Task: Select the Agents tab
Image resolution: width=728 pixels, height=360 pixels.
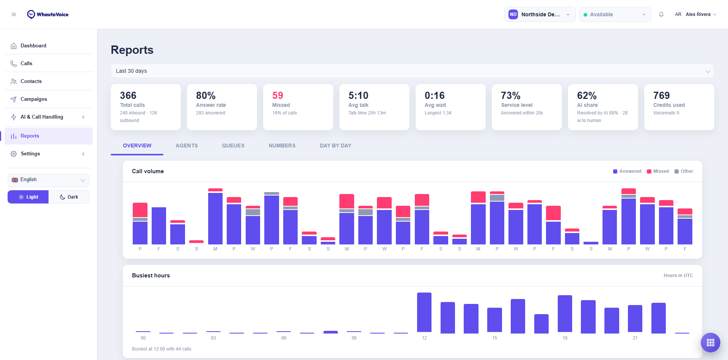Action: pyautogui.click(x=187, y=146)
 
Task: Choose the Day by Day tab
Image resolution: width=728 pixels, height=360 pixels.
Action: pyautogui.click(x=336, y=146)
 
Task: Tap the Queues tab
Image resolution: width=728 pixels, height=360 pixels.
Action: pyautogui.click(x=233, y=146)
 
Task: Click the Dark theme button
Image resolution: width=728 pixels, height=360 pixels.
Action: pyautogui.click(x=69, y=197)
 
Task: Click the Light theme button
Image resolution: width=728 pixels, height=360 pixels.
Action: pyautogui.click(x=28, y=197)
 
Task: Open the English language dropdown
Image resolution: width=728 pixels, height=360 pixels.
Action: pyautogui.click(x=49, y=180)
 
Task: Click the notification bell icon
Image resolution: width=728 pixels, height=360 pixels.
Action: pyautogui.click(x=661, y=14)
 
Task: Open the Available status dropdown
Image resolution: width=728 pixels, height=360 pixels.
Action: pyautogui.click(x=615, y=14)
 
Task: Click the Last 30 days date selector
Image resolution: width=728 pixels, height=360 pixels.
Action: pyautogui.click(x=412, y=71)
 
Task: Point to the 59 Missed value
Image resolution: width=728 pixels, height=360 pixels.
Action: pyautogui.click(x=278, y=95)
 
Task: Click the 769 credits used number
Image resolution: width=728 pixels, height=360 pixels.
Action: pyautogui.click(x=661, y=95)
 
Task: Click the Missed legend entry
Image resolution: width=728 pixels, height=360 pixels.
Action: pyautogui.click(x=658, y=171)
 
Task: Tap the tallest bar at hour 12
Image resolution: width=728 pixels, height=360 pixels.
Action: pyautogui.click(x=424, y=313)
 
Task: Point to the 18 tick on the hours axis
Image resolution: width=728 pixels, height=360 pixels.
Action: pyautogui.click(x=565, y=338)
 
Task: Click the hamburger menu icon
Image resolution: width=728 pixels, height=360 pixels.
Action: pyautogui.click(x=14, y=14)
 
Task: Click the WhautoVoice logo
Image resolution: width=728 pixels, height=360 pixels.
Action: pyautogui.click(x=48, y=14)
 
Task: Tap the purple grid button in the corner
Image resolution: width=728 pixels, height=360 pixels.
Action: pyautogui.click(x=711, y=343)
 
